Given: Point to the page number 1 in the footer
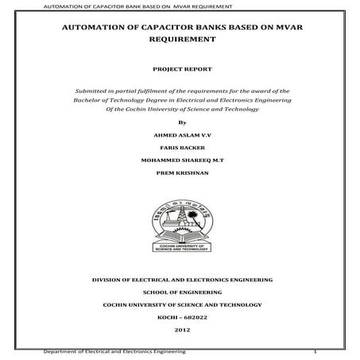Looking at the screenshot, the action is coord(315,350).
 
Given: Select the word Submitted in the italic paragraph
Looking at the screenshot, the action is coord(93,91).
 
